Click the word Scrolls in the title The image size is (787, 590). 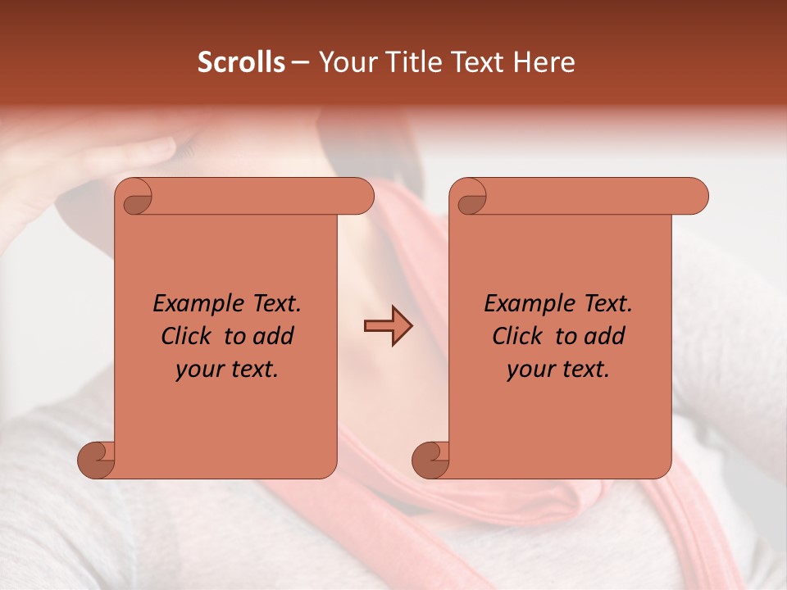tap(241, 62)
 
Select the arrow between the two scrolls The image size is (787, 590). tap(388, 327)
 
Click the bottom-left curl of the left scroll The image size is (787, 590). tap(97, 459)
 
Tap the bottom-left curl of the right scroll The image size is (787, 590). tap(430, 459)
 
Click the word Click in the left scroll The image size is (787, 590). tap(189, 336)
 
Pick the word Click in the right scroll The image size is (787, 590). tap(520, 336)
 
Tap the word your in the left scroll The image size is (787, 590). tap(198, 370)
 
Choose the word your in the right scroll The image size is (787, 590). tap(529, 370)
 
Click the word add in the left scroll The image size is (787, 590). tap(275, 336)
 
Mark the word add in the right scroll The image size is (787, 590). tap(606, 336)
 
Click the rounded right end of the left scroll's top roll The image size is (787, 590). tap(362, 197)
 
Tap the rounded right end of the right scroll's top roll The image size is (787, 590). tap(696, 197)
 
